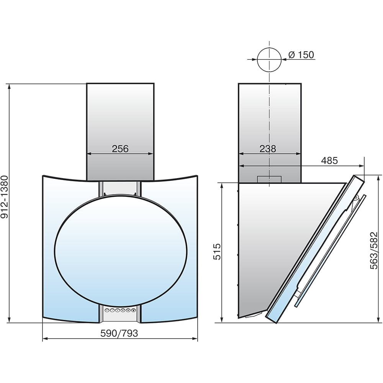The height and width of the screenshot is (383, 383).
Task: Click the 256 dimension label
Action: point(120,149)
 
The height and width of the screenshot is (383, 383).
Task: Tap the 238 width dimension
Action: point(268,149)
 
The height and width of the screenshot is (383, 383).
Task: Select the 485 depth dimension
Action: point(329,160)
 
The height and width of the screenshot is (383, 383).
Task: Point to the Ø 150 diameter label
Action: point(301,55)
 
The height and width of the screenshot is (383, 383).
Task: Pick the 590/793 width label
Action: point(119,333)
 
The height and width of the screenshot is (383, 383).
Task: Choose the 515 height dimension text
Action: point(217,252)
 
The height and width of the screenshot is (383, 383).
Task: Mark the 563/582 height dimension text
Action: point(374,250)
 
